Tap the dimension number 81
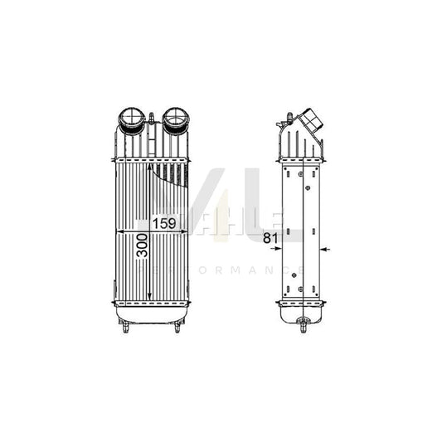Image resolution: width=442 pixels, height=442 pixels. pos(268,240)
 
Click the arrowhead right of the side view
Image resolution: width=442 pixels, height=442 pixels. pos(325,248)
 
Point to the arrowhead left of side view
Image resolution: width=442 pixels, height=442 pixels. pos(279,248)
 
